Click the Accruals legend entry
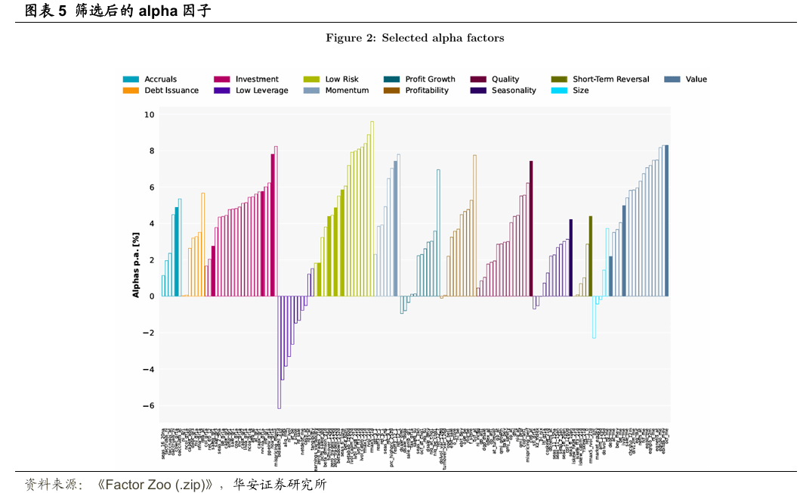pyautogui.click(x=160, y=79)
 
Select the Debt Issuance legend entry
pyautogui.click(x=171, y=91)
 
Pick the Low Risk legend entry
pyautogui.click(x=341, y=79)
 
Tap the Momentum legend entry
pyautogui.click(x=347, y=91)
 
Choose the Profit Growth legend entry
pyautogui.click(x=430, y=79)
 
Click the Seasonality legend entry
pyautogui.click(x=514, y=91)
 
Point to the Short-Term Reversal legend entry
pyautogui.click(x=610, y=79)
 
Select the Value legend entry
pyautogui.click(x=696, y=79)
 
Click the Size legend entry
pyautogui.click(x=580, y=91)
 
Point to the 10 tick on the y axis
pyautogui.click(x=149, y=115)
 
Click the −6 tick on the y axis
pyautogui.click(x=149, y=406)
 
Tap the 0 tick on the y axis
pyautogui.click(x=151, y=296)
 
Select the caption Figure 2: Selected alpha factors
pyautogui.click(x=415, y=38)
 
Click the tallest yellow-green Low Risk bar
pyautogui.click(x=372, y=208)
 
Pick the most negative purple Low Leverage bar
pyautogui.click(x=279, y=352)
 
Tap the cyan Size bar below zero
pyautogui.click(x=594, y=317)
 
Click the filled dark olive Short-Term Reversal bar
pyautogui.click(x=591, y=256)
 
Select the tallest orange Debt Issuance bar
pyautogui.click(x=203, y=244)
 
